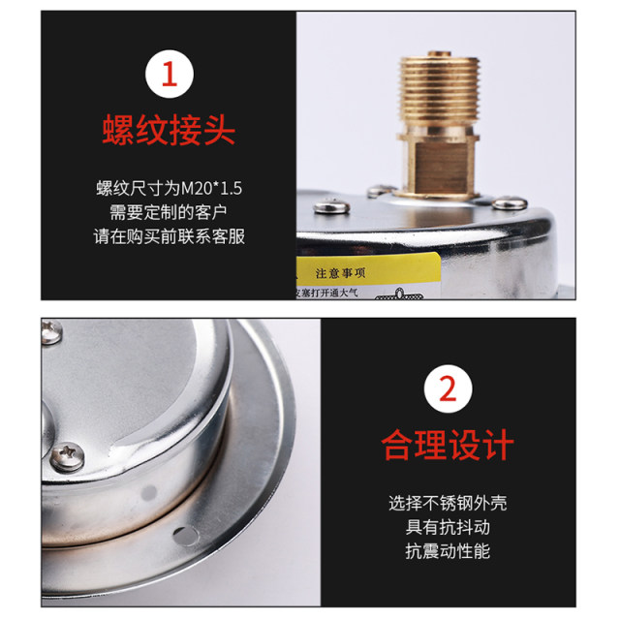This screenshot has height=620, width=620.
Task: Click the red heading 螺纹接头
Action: click(x=169, y=131)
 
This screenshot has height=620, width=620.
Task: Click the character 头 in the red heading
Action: click(x=219, y=131)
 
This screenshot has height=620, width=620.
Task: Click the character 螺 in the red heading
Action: click(x=118, y=131)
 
